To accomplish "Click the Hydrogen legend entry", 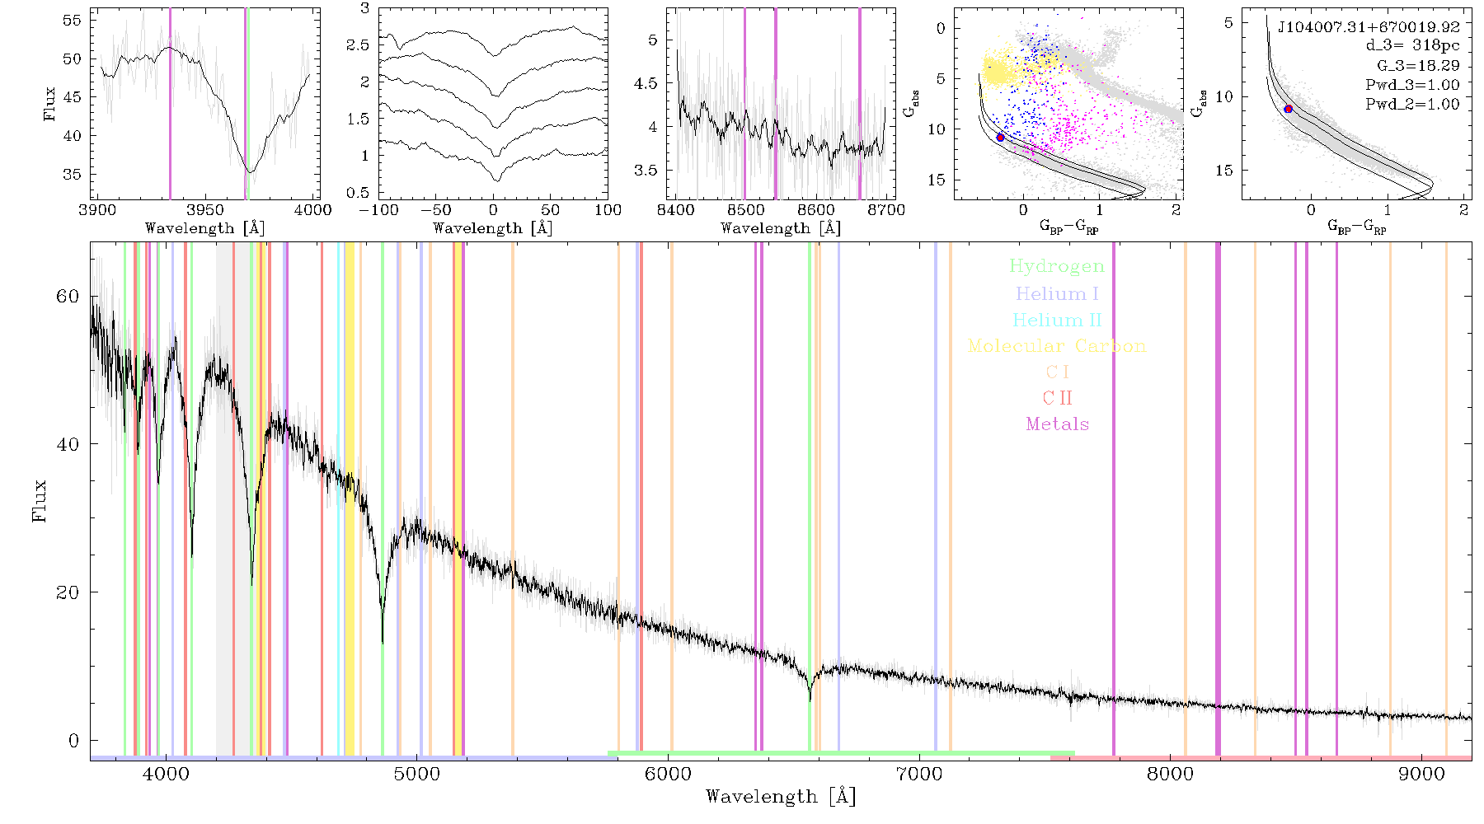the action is [1056, 266].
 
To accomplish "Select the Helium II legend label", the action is [1056, 320].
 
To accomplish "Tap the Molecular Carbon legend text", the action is [1057, 346].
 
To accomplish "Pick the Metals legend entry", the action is [1057, 424].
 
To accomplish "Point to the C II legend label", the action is [1057, 398].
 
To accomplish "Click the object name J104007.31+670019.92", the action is [1369, 26].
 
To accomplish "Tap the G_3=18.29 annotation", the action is [1418, 65].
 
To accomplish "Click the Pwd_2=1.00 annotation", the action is [1412, 104].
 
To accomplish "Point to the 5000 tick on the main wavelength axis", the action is [417, 774].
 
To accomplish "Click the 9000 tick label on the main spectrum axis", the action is [1421, 774].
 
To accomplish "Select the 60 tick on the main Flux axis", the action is [68, 296].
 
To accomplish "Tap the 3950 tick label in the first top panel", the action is [205, 210].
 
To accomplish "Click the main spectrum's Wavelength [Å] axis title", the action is [781, 797].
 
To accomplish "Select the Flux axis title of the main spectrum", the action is [40, 500].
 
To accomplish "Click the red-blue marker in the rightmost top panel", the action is [1288, 109].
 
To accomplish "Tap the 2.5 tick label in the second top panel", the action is [358, 44].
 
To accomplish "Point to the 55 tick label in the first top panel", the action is [73, 20].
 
